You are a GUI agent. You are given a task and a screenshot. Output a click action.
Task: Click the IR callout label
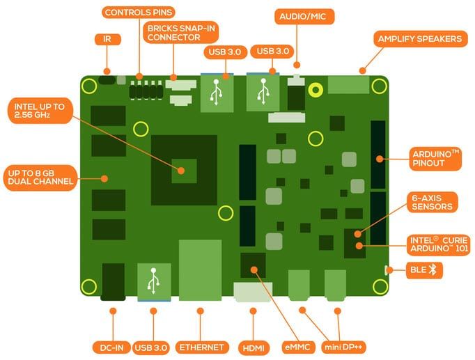107,40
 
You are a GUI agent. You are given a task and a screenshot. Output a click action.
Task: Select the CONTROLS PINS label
139,13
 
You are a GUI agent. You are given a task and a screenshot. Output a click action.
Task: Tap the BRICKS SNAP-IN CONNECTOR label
181,33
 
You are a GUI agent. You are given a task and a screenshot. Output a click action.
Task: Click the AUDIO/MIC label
304,16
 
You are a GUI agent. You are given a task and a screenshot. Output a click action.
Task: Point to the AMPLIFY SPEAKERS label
420,39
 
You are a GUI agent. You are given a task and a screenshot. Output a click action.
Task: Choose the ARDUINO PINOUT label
435,159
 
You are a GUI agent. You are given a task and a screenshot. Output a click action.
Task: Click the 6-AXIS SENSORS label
432,202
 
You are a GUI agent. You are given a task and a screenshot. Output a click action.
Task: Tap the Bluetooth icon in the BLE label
433,269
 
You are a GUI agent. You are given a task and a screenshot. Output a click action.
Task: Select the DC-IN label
111,347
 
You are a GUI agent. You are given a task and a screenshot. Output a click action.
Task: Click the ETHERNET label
202,347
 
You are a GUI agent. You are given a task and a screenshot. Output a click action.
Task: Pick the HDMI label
254,348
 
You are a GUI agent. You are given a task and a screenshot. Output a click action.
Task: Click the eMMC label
297,347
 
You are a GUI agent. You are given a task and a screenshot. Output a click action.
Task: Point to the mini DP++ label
343,347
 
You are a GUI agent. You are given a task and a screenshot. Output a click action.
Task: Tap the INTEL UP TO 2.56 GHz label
40,111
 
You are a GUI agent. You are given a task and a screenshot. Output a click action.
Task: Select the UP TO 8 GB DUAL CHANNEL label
40,178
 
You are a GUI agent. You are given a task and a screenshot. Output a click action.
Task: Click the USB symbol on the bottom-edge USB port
154,281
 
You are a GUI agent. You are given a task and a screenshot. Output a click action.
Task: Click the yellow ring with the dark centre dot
316,90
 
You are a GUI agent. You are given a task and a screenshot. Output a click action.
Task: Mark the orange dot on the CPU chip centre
181,171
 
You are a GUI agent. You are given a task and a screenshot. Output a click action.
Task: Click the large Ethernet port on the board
201,270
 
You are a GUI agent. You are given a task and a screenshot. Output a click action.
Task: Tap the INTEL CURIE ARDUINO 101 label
439,245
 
